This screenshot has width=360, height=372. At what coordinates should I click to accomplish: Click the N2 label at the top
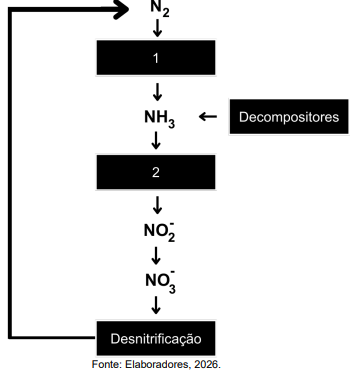pyautogui.click(x=160, y=9)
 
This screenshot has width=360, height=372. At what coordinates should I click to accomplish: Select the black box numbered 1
pyautogui.click(x=156, y=58)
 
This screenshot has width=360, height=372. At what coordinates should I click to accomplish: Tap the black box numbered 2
pyautogui.click(x=156, y=172)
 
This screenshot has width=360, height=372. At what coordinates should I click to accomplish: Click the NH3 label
pyautogui.click(x=158, y=119)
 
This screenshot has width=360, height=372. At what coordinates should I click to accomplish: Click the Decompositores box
pyautogui.click(x=289, y=117)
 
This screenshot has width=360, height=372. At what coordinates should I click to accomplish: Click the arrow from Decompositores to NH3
pyautogui.click(x=207, y=117)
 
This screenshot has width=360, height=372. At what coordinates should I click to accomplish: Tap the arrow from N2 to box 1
pyautogui.click(x=157, y=30)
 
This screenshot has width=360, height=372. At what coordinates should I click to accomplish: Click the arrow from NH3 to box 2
pyautogui.click(x=157, y=142)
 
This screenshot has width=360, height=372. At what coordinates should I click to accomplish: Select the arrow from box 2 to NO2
pyautogui.click(x=157, y=205)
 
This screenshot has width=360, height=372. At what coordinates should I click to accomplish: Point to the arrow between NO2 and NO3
pyautogui.click(x=157, y=255)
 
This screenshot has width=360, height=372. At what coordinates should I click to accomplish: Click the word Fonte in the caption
pyautogui.click(x=107, y=363)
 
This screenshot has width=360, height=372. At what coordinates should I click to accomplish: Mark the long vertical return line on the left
pyautogui.click(x=11, y=170)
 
